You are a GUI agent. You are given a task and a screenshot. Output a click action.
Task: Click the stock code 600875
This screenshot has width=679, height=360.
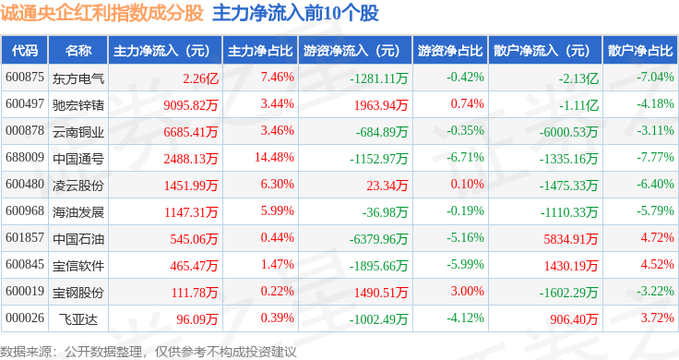25,78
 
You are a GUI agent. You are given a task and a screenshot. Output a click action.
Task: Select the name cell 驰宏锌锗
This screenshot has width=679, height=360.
78,105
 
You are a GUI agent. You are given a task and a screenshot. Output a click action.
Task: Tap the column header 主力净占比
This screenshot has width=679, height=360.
260,51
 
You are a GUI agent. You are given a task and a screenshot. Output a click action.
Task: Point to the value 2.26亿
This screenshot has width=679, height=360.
200,78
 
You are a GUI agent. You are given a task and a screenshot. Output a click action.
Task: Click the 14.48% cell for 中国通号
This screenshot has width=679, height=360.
274,157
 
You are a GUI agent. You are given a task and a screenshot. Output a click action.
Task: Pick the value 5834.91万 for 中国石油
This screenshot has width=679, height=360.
571,239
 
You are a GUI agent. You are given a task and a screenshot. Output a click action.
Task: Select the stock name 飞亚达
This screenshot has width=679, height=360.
78,319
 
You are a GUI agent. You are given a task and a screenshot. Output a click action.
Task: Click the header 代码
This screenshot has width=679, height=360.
25,51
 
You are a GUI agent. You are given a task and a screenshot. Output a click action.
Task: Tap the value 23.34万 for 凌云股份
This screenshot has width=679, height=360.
387,186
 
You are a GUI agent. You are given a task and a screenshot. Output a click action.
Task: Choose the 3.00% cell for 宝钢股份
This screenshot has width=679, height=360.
467,291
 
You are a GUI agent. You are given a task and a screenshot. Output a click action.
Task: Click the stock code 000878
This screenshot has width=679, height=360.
25,130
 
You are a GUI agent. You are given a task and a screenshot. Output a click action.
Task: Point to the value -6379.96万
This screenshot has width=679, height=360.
379,239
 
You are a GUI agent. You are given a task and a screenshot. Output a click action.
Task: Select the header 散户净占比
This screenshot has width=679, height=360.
640,51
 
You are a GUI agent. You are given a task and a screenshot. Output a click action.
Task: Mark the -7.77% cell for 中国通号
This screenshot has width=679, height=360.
655,157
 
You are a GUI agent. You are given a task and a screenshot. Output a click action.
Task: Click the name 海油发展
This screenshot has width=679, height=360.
78,212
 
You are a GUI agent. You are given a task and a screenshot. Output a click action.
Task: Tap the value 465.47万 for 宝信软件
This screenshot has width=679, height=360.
194,266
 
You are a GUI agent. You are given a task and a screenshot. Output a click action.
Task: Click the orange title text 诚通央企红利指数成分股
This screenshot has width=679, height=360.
101,13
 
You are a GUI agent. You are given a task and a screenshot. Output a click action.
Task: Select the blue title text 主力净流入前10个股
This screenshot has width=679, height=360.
296,13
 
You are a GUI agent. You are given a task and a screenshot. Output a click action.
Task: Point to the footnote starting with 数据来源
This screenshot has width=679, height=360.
149,352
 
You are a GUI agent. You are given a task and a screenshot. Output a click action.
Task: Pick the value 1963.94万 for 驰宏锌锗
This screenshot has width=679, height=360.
381,105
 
